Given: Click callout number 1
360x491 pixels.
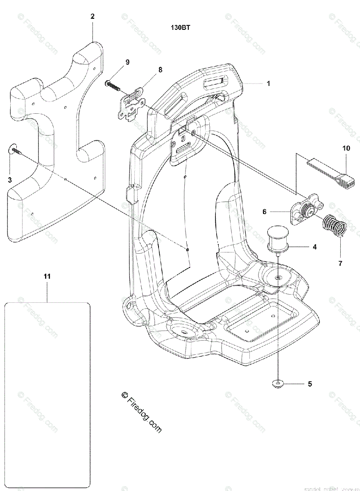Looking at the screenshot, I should [x=268, y=83].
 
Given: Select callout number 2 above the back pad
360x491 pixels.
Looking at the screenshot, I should [x=92, y=16].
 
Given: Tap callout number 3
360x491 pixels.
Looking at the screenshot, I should [x=10, y=180].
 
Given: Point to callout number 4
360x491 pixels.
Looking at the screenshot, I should [x=315, y=247].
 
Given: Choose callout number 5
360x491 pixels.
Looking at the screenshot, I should [x=310, y=384].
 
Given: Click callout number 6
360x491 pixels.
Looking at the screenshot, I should [x=265, y=212].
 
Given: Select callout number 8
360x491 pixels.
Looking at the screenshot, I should [x=160, y=70].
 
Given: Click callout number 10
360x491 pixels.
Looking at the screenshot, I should [x=346, y=148].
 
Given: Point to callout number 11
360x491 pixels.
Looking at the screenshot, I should [x=47, y=277].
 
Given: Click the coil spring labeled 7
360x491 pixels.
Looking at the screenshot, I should [x=334, y=226].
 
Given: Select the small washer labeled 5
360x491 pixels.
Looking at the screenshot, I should [x=277, y=384].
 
